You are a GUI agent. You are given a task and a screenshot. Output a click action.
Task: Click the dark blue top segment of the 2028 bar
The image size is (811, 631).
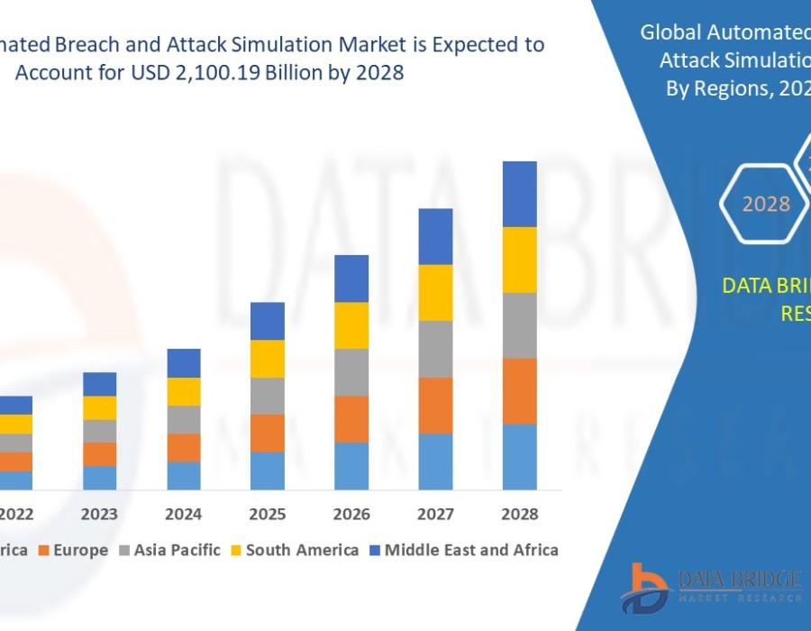click(519, 194)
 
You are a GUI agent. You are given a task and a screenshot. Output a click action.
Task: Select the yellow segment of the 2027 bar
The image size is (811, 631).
click(435, 292)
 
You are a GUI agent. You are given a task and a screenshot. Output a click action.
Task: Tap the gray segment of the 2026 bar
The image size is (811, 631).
click(351, 372)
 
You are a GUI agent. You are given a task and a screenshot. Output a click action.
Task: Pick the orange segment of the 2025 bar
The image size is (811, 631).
click(268, 433)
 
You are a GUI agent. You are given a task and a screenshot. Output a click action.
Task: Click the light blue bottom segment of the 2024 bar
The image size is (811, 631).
click(184, 475)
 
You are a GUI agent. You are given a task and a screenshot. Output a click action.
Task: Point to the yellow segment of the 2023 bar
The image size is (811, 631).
click(100, 407)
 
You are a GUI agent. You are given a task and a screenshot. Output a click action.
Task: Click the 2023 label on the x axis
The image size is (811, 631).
click(100, 514)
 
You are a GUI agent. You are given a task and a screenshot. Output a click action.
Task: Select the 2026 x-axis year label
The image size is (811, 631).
click(351, 514)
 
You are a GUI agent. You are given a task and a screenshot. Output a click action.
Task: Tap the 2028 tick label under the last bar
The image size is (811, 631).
click(519, 514)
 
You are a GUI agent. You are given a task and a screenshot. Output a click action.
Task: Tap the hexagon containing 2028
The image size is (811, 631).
click(765, 204)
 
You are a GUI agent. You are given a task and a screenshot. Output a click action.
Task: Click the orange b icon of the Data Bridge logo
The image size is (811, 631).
click(641, 586)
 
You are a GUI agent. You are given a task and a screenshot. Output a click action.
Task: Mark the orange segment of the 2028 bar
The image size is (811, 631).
click(519, 390)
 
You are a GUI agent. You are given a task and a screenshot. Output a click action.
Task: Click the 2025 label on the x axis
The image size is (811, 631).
click(268, 514)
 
